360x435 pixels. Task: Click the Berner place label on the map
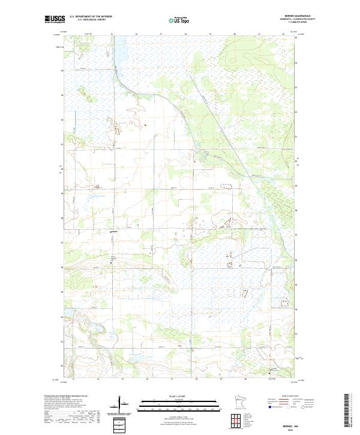113,231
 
